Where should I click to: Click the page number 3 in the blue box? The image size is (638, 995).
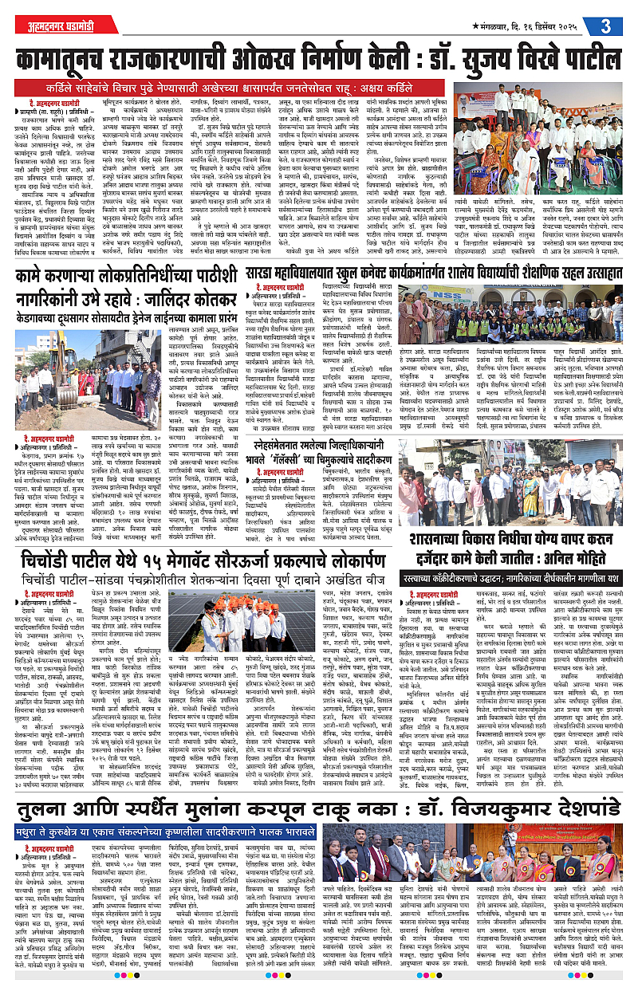pos(608,24)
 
